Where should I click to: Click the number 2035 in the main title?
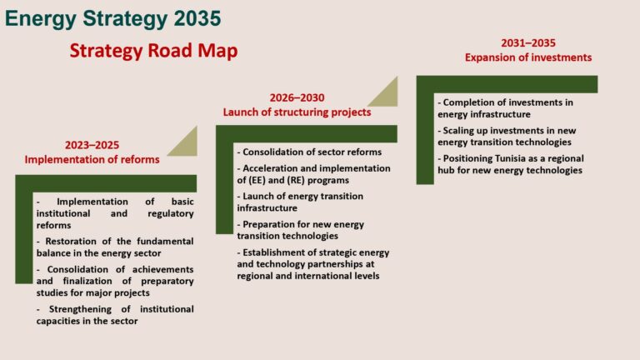[197, 19]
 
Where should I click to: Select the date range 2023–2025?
[92, 145]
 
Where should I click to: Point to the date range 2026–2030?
[297, 98]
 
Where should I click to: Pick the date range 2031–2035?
[528, 42]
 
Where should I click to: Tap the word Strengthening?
[80, 309]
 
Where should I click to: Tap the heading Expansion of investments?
[528, 57]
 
